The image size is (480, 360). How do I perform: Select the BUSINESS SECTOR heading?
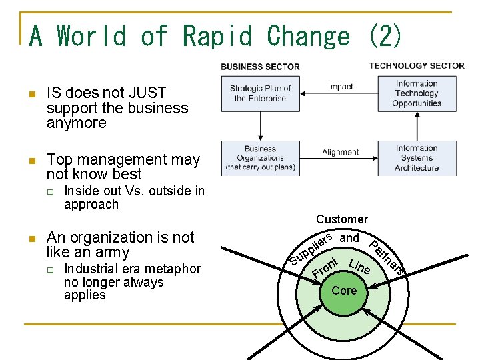tap(260, 67)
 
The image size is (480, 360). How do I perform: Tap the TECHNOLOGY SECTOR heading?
tap(417, 65)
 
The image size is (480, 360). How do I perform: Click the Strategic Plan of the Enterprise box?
tap(260, 93)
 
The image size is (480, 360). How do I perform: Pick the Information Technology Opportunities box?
tap(417, 93)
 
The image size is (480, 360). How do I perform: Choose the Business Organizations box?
tap(260, 158)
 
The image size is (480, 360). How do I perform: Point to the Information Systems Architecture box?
tap(417, 158)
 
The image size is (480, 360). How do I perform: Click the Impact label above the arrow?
tap(340, 87)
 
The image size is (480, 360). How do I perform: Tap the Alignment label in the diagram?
tap(340, 152)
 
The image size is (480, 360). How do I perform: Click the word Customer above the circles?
tap(342, 219)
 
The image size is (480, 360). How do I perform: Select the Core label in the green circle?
tap(344, 291)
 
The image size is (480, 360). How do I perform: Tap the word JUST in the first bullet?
tap(148, 93)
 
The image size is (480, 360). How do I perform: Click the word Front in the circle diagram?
tap(327, 267)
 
